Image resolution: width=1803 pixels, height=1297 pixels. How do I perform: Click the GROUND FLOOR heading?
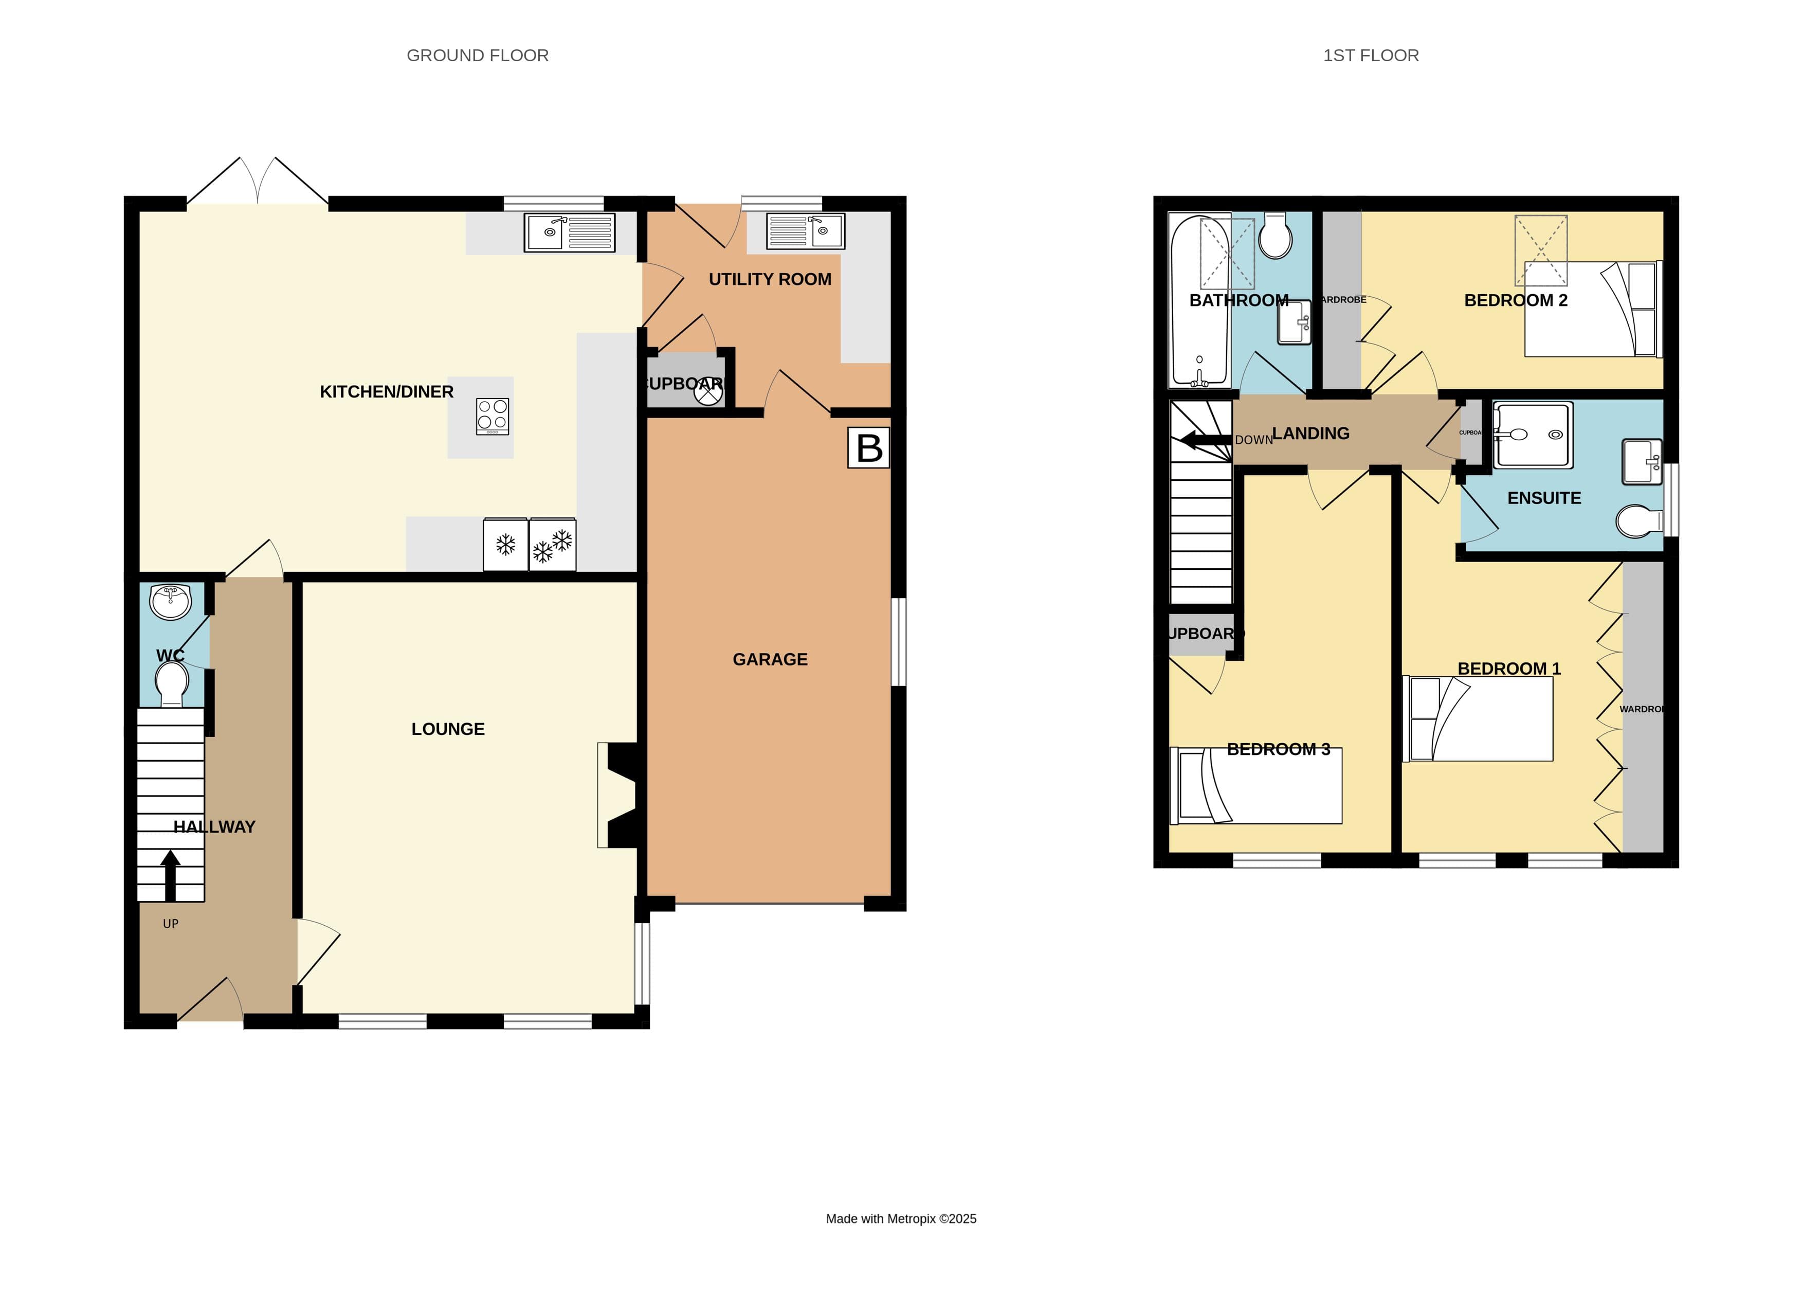click(x=477, y=56)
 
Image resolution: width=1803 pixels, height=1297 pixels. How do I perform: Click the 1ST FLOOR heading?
click(x=1371, y=56)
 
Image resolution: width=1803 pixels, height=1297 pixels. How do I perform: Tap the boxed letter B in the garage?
click(x=868, y=448)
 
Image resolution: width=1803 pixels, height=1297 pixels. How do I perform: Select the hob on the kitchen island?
click(x=492, y=416)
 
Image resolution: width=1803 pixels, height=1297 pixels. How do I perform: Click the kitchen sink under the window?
click(x=569, y=232)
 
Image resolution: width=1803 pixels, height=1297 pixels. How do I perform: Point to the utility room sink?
click(x=805, y=231)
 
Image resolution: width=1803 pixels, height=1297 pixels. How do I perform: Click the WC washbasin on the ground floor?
click(x=170, y=602)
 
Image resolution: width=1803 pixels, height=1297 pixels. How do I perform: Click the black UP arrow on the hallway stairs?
click(x=170, y=875)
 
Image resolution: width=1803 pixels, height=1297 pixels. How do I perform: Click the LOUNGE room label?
click(x=448, y=729)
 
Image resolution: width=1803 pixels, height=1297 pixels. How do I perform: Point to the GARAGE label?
click(x=770, y=659)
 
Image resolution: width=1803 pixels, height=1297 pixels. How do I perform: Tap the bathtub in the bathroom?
click(x=1199, y=300)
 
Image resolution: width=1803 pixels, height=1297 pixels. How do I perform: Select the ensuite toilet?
click(x=1639, y=521)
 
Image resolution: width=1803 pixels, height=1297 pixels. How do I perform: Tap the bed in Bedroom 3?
click(x=1256, y=786)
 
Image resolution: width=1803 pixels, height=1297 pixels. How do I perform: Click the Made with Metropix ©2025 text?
click(x=901, y=1218)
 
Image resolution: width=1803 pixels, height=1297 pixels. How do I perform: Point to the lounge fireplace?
click(x=618, y=795)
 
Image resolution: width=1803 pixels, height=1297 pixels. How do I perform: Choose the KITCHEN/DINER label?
click(x=387, y=391)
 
